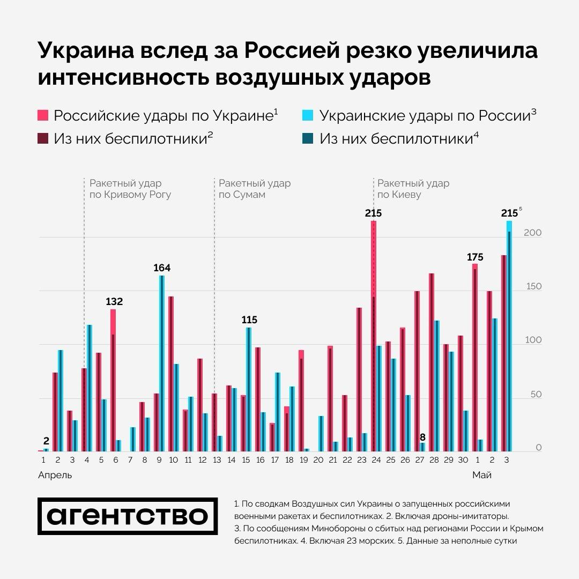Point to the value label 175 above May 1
(475, 257)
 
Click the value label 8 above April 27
(422, 437)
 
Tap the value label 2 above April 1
(46, 441)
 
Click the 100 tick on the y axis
(533, 340)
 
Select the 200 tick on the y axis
(533, 233)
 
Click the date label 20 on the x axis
(318, 461)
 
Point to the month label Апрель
(55, 475)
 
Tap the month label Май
(481, 475)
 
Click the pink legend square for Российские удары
(43, 115)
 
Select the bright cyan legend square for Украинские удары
(308, 115)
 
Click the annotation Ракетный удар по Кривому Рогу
(130, 189)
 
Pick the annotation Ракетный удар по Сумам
(254, 189)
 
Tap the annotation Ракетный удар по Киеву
(413, 189)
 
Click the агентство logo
(128, 516)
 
